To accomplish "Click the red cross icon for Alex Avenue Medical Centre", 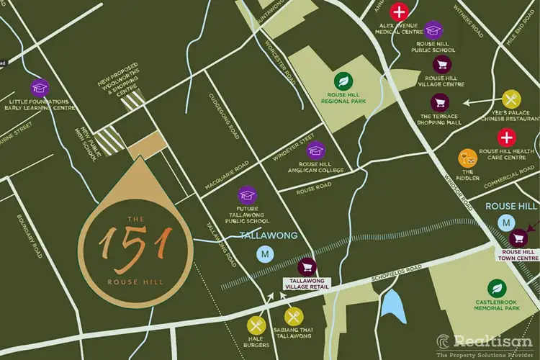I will coord(398,12).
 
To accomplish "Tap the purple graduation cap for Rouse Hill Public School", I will coord(433,30).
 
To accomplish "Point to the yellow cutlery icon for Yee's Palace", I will coord(511,99).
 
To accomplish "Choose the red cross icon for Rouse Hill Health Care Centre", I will coord(508,137).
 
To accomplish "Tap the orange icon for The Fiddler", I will coord(467,156).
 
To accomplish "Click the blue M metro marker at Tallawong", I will coord(265,253).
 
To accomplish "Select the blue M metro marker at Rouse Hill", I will coord(507,223).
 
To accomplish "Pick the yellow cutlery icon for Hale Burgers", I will coord(256,325).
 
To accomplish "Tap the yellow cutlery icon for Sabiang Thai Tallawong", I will coord(293,317).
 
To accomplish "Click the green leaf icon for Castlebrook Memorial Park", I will coord(494,287).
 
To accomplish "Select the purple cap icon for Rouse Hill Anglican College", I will coord(315,150).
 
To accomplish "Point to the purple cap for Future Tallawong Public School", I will coord(248,196).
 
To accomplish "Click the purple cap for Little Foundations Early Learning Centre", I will coord(40,87).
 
